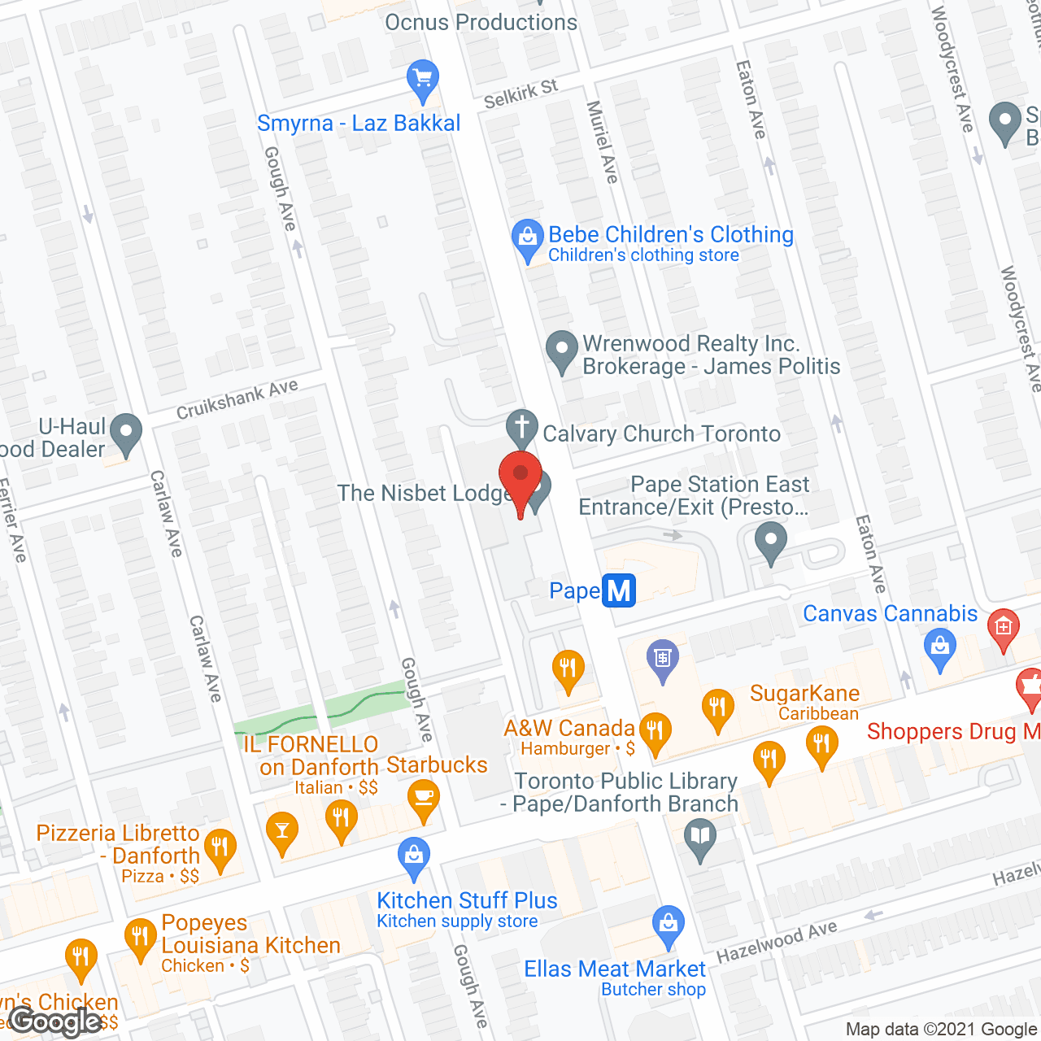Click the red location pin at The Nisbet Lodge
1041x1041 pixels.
(520, 476)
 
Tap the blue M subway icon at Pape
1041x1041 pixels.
(619, 590)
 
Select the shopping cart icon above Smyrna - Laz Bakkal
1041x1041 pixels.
(423, 79)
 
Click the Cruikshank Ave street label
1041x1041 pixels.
(237, 399)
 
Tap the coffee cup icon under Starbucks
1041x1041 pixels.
(423, 795)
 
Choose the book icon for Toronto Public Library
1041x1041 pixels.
(700, 836)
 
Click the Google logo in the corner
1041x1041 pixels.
(55, 1021)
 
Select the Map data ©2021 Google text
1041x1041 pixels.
(942, 1030)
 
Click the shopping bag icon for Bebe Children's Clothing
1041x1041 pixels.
(528, 237)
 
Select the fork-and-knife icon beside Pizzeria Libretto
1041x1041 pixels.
(220, 847)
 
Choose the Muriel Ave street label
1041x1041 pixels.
(603, 142)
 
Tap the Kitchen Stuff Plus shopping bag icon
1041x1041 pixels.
(414, 855)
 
